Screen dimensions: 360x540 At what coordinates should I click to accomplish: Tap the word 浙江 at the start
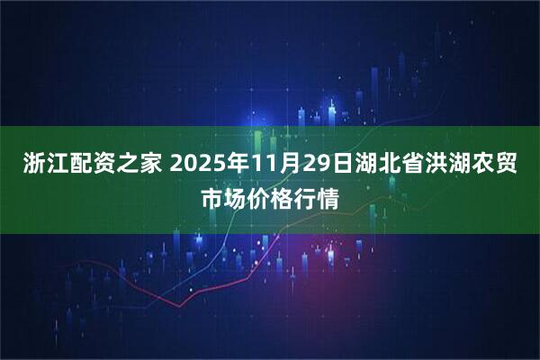(x=36, y=166)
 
